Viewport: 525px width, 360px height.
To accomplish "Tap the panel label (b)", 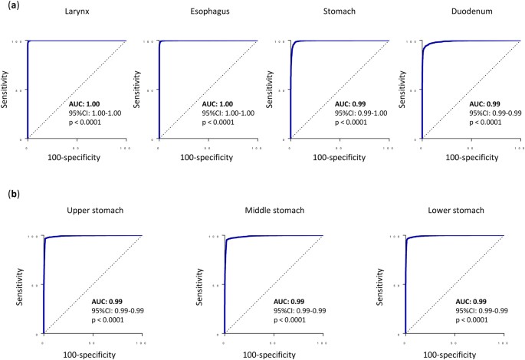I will coord(11,195).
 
